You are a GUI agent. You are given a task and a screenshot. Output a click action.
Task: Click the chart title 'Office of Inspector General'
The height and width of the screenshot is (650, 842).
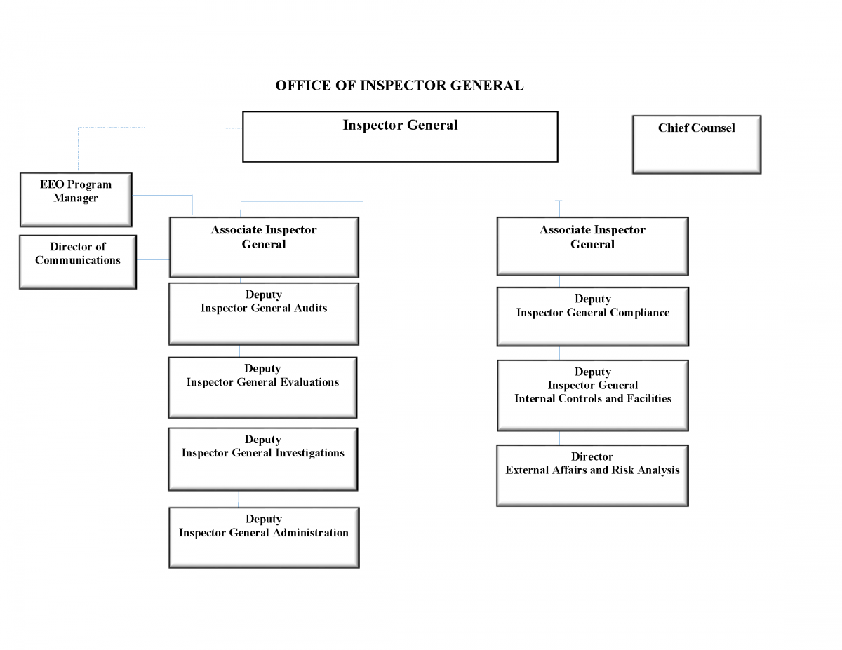(399, 86)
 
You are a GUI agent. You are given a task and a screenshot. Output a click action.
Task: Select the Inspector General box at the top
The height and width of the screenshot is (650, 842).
(400, 137)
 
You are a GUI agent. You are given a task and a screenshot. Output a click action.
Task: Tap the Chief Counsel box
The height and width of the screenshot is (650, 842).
(696, 144)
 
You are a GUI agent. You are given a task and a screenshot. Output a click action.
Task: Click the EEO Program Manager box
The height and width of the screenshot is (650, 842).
(76, 200)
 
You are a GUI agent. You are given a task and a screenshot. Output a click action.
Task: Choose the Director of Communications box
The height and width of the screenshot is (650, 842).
(77, 262)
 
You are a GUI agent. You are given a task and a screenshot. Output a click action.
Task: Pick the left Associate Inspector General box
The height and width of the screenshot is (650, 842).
(264, 247)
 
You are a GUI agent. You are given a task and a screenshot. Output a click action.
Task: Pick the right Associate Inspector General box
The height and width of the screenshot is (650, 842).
(592, 246)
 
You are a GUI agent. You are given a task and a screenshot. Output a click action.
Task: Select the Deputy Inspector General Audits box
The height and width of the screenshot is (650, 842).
(264, 313)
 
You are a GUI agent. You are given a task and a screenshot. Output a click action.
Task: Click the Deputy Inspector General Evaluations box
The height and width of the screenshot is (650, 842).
(262, 387)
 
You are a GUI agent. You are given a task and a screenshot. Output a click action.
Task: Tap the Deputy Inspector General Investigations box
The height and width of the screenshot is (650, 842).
(262, 459)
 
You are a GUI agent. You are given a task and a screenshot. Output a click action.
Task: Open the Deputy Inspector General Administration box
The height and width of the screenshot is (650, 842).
(264, 537)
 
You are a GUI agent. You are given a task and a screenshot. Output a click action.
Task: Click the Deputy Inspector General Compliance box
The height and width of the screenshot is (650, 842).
(592, 316)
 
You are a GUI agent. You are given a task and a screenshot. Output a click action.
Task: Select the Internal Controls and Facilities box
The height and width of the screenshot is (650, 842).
(592, 395)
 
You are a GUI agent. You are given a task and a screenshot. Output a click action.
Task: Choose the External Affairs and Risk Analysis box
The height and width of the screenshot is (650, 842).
(592, 475)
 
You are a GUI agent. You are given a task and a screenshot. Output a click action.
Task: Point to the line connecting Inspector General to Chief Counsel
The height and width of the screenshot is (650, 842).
(595, 137)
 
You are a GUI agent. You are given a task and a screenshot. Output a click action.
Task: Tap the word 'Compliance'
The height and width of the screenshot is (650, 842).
(639, 313)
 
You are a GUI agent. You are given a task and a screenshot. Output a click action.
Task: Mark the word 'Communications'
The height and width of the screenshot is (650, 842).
(78, 260)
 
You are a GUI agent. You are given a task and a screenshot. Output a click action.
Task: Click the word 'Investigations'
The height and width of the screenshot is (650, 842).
(309, 453)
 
